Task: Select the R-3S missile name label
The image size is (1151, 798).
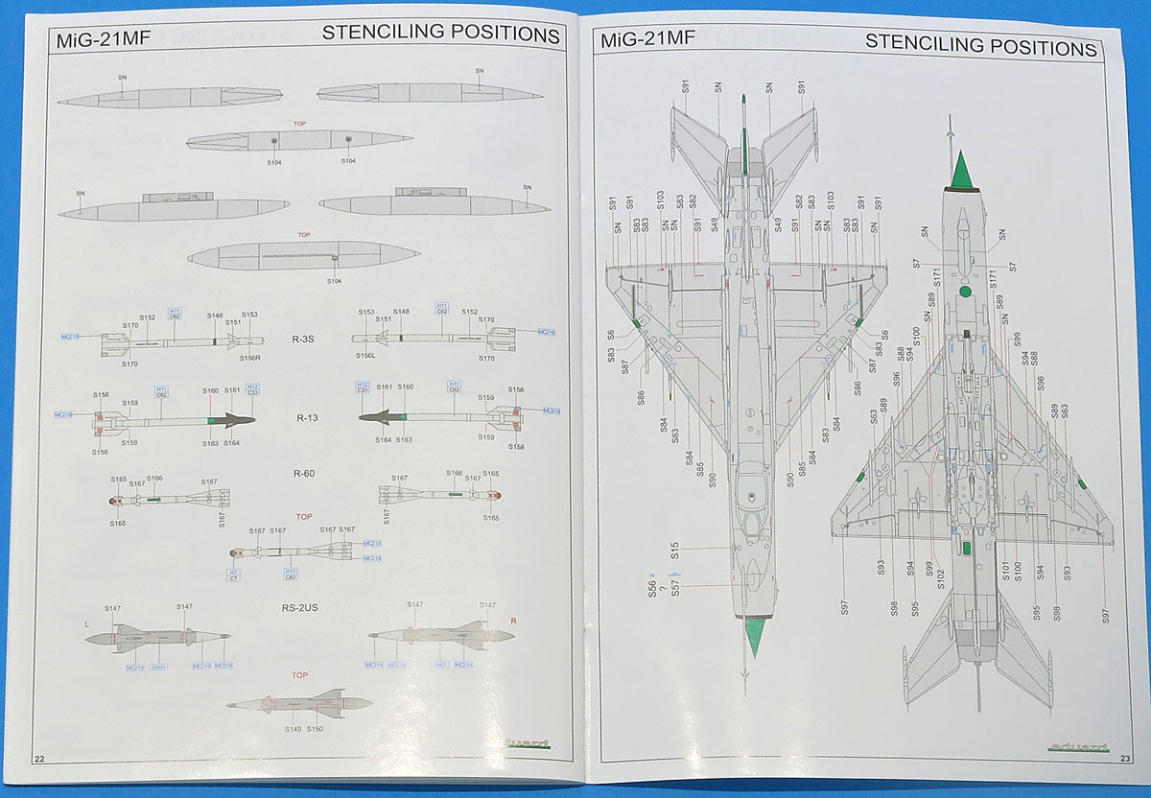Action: coord(304,340)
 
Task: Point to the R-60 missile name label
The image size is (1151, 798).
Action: coord(304,473)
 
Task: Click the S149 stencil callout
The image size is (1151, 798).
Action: coord(292,730)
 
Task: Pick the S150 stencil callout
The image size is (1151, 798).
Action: coord(315,730)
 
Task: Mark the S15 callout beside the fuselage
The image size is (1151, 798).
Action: coord(675,551)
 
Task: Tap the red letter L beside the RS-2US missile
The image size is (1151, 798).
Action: coord(86,622)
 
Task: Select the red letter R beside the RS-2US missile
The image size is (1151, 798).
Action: coord(514,622)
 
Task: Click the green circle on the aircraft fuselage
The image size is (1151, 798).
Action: coord(965,292)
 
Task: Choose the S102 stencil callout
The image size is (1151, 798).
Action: coord(941,578)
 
